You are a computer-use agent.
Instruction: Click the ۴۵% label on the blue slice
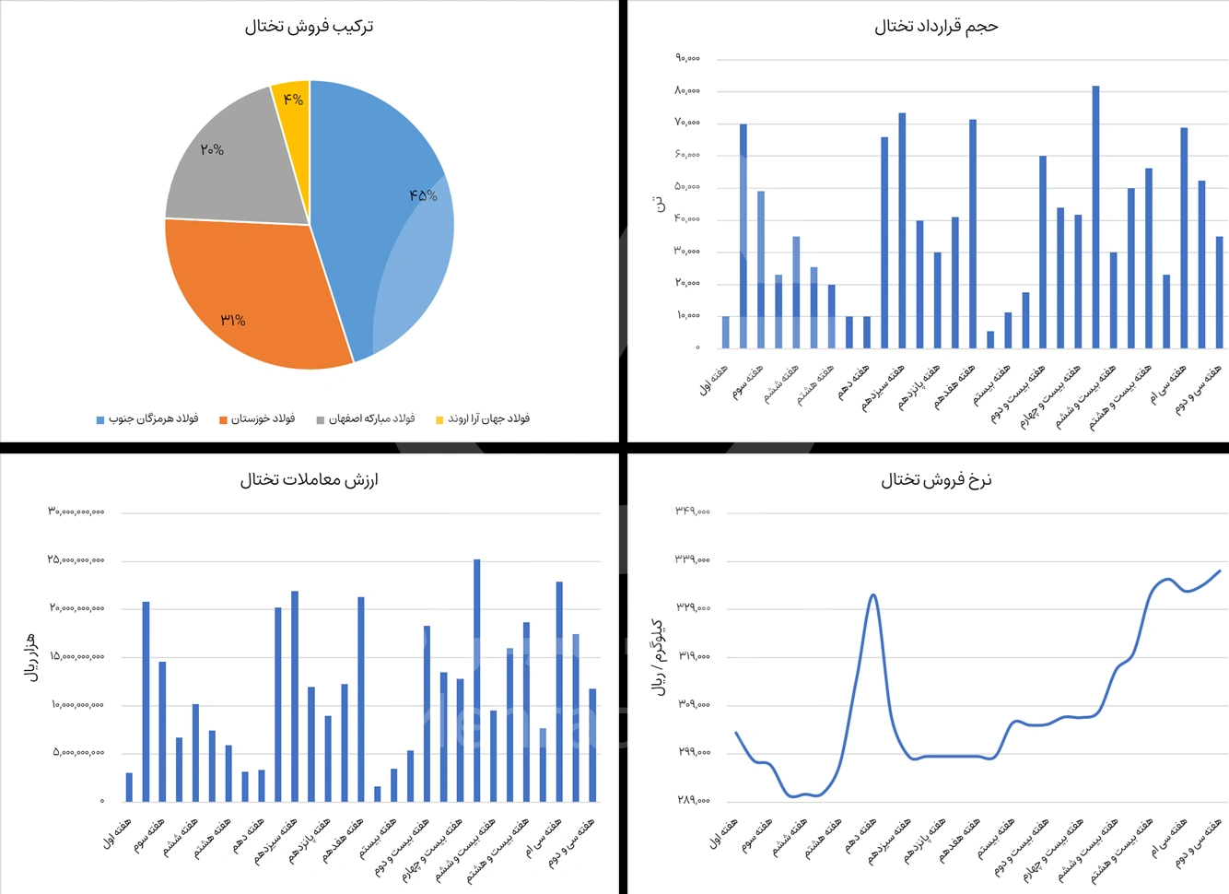pos(423,195)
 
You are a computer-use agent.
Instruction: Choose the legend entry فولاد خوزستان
pos(257,419)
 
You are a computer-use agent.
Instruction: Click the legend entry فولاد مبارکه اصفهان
pos(366,419)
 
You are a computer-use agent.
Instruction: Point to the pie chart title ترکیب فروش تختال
pos(309,27)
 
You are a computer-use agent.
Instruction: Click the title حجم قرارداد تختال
pos(936,27)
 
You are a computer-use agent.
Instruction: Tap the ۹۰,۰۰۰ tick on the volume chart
pos(687,58)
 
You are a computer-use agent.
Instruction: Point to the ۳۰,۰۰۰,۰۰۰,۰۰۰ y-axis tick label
pos(76,512)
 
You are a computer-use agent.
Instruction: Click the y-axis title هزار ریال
pos(30,657)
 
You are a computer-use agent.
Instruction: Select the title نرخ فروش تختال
pos(936,480)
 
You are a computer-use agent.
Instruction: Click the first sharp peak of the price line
pos(872,595)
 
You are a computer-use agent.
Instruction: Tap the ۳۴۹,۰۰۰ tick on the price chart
pos(693,512)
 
